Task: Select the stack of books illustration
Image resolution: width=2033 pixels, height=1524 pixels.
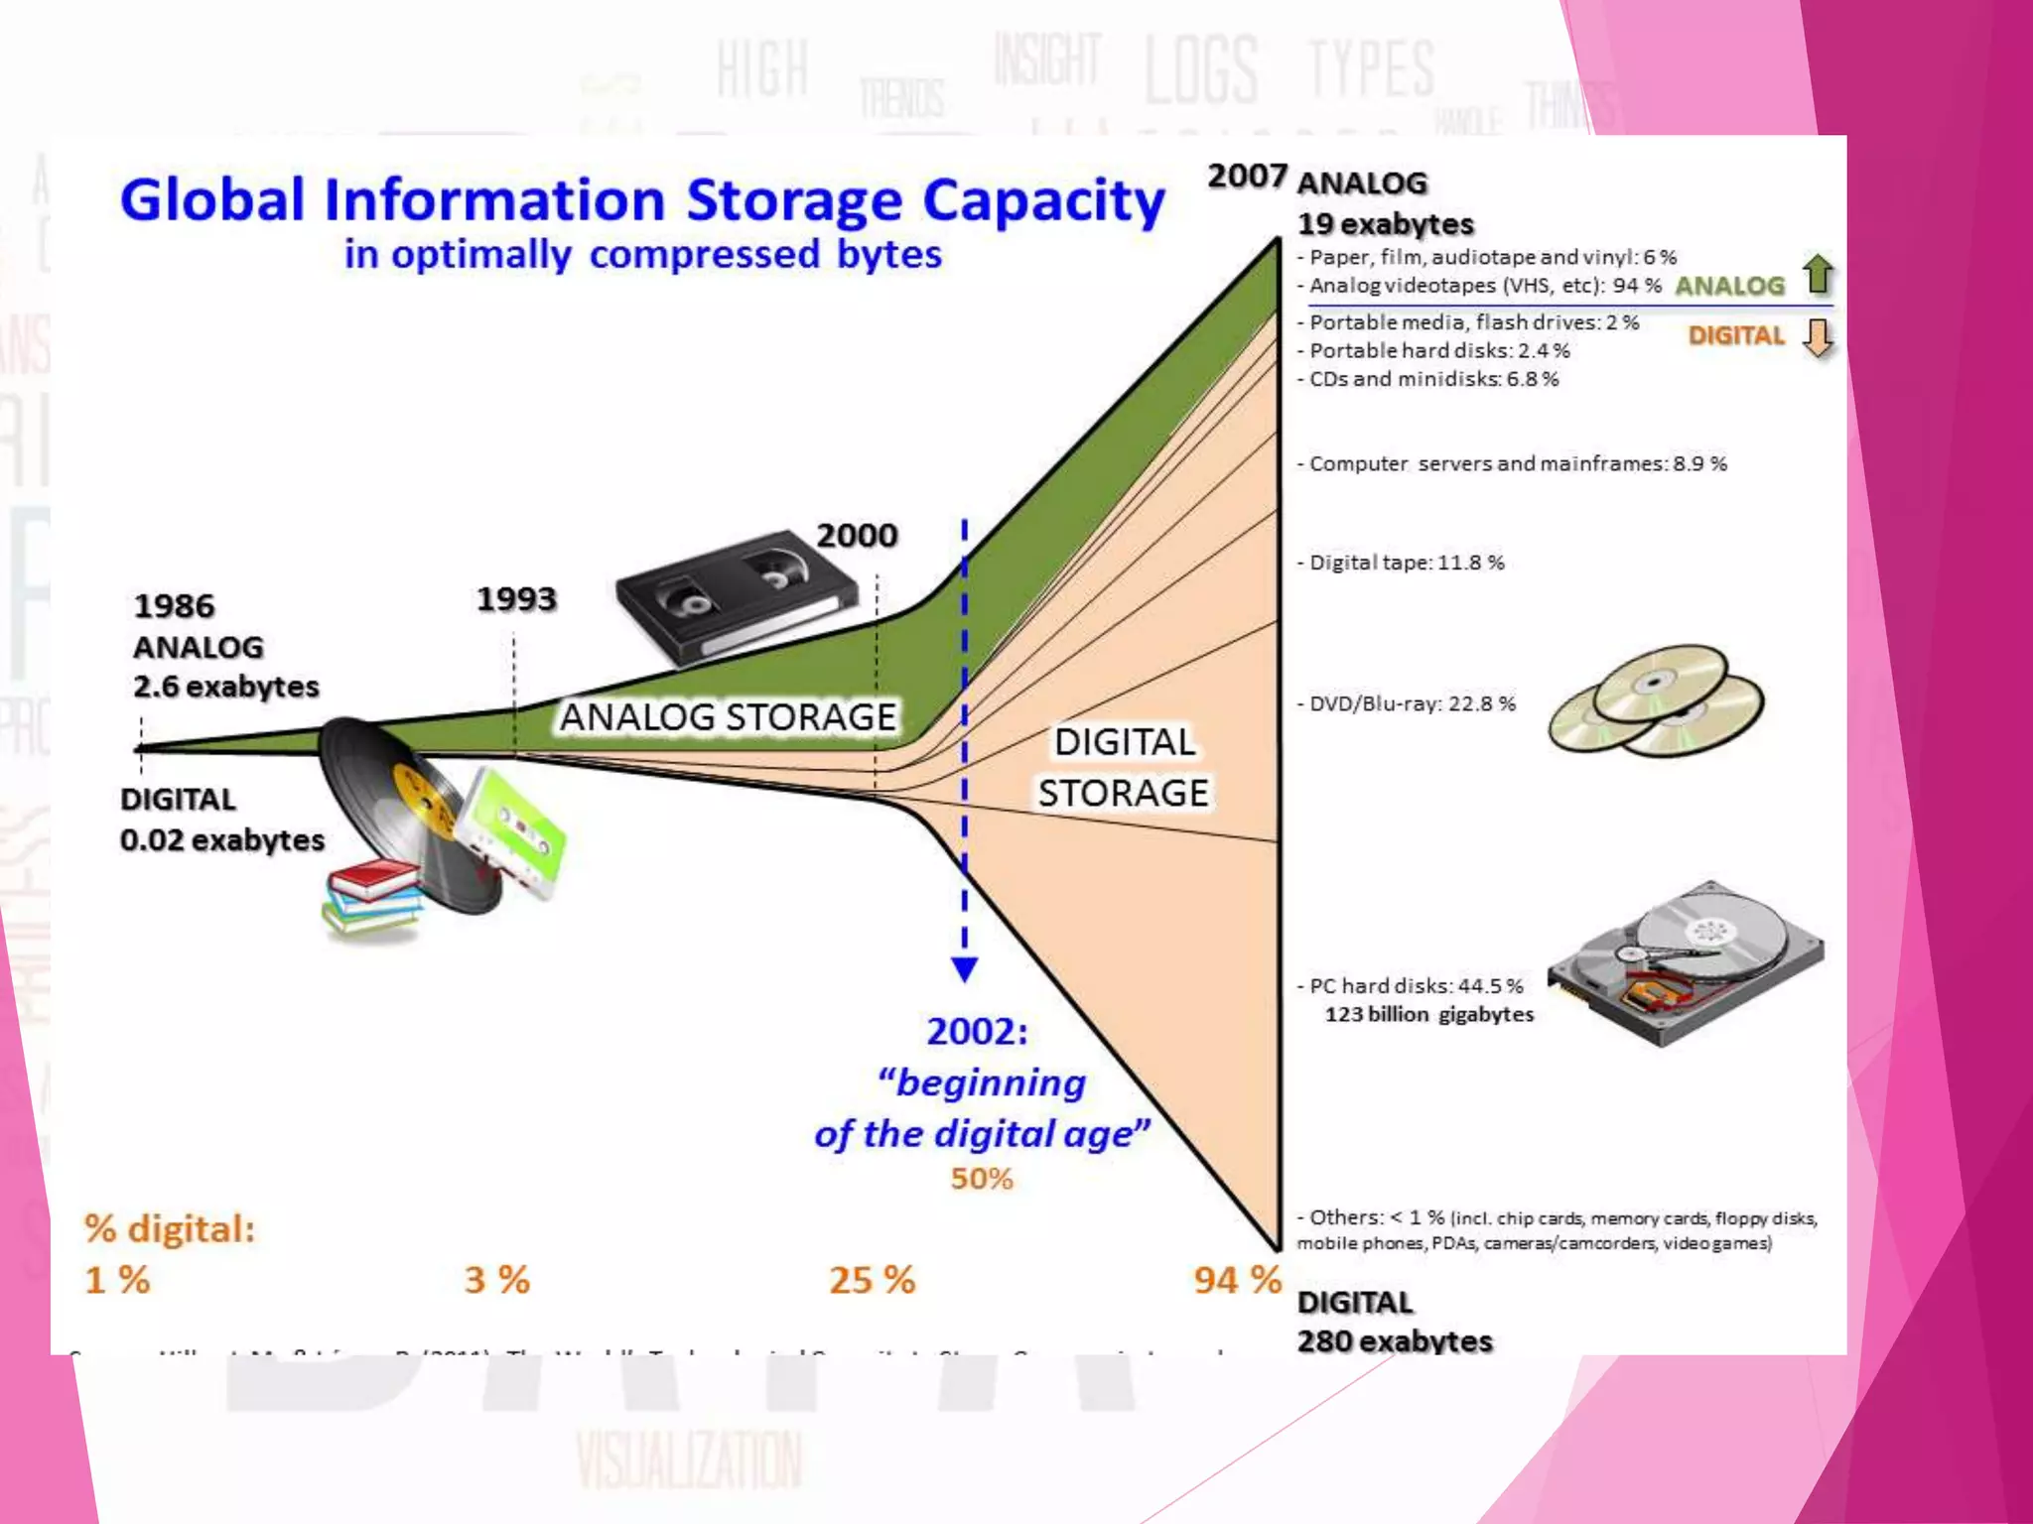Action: [373, 898]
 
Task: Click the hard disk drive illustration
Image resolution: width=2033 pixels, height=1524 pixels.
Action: [1686, 962]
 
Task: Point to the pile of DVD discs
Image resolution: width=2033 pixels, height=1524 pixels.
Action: [1656, 699]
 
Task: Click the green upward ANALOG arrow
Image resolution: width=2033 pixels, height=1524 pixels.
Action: [1818, 275]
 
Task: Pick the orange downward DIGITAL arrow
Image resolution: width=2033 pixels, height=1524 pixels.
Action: [1818, 337]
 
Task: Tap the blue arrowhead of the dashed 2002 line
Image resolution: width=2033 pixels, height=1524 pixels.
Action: [964, 968]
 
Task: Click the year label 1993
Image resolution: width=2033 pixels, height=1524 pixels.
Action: [516, 599]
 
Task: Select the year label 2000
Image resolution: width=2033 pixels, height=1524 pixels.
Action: [857, 536]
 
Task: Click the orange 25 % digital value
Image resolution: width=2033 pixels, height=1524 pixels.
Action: [872, 1280]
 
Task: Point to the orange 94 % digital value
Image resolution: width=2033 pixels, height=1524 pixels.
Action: [1237, 1280]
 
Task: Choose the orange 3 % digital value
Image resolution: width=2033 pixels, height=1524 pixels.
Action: [496, 1280]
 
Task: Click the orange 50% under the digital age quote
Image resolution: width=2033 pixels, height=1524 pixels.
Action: [982, 1179]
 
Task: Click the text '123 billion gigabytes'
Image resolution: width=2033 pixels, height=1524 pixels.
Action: [1428, 1014]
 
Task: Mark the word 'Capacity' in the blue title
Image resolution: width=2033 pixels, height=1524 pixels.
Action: [1043, 201]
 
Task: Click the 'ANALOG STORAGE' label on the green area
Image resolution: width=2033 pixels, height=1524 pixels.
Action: [728, 716]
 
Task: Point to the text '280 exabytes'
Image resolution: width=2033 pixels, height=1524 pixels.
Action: [1394, 1341]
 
